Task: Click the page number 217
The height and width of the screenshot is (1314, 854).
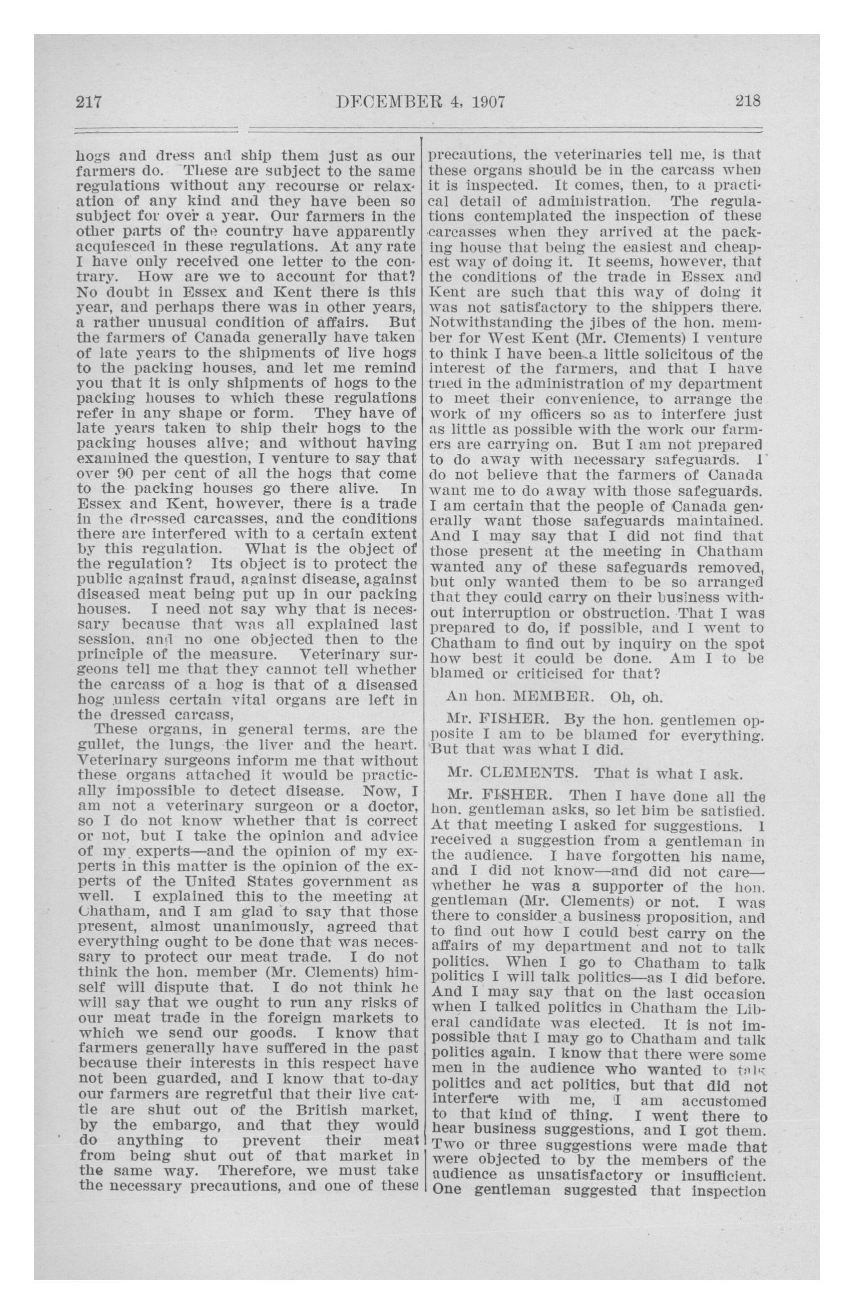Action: pos(90,102)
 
